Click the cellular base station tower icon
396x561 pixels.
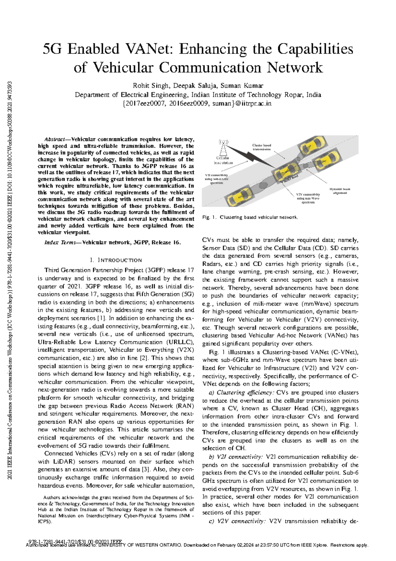coord(223,148)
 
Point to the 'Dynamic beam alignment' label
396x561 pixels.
coord(340,191)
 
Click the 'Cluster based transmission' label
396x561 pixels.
coord(262,147)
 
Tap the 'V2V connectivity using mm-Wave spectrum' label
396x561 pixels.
coord(308,198)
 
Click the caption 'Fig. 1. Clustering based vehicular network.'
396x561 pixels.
coord(250,217)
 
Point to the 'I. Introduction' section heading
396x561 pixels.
coord(116,260)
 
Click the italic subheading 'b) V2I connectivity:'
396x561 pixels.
coord(236,457)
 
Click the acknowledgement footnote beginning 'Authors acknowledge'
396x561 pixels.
coord(116,509)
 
